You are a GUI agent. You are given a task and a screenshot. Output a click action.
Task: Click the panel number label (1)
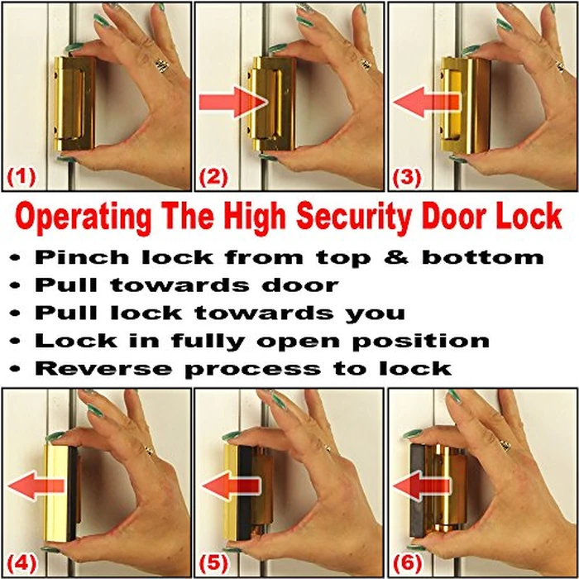(22, 175)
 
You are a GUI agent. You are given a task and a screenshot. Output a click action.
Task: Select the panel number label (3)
(407, 175)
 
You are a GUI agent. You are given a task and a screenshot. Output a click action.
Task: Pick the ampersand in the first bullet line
(400, 257)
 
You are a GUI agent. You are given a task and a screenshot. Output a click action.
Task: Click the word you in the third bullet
(379, 313)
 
